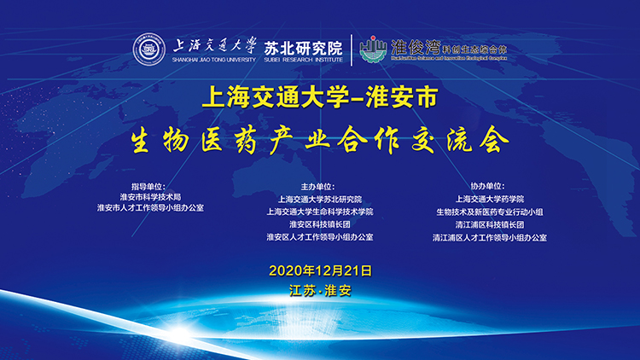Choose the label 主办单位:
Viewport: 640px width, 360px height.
tap(319, 185)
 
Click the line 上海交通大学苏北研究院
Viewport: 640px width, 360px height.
tap(319, 198)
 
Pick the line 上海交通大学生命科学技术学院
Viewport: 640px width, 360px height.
tap(319, 211)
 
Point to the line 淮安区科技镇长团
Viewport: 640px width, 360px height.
tap(319, 224)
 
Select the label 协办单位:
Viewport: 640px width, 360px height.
tap(488, 185)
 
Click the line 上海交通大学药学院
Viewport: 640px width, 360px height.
tap(488, 198)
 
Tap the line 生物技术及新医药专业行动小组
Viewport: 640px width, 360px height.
tap(488, 211)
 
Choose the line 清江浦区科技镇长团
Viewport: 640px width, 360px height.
tap(488, 224)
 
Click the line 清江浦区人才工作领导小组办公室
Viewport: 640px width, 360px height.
tap(488, 236)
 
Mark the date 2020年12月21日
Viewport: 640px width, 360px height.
tap(320, 270)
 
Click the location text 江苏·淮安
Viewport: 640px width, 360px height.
tap(320, 290)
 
